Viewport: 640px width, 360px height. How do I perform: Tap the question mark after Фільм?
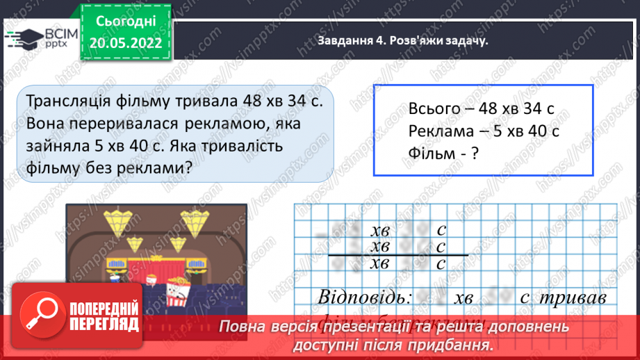coord(475,154)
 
